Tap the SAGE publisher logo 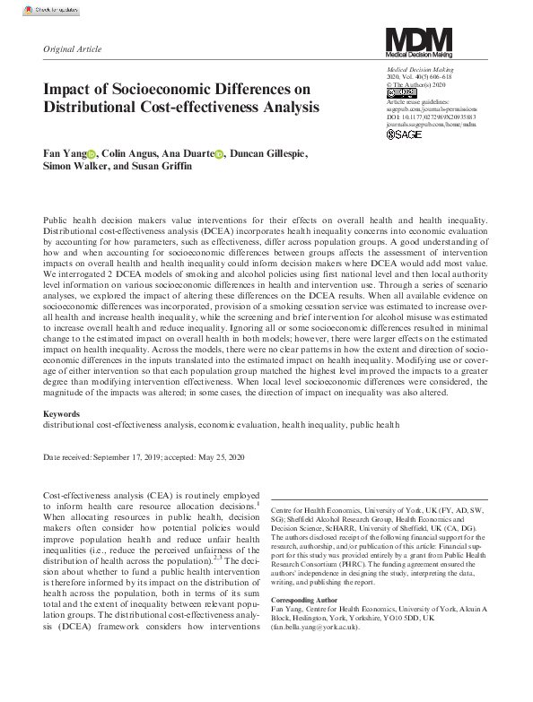click(x=404, y=134)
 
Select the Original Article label click(x=72, y=50)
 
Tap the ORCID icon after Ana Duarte click(x=219, y=155)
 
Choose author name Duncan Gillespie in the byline click(x=268, y=154)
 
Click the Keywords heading click(x=60, y=414)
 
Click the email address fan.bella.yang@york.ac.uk click(x=320, y=628)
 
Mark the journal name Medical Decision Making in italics click(x=420, y=69)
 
